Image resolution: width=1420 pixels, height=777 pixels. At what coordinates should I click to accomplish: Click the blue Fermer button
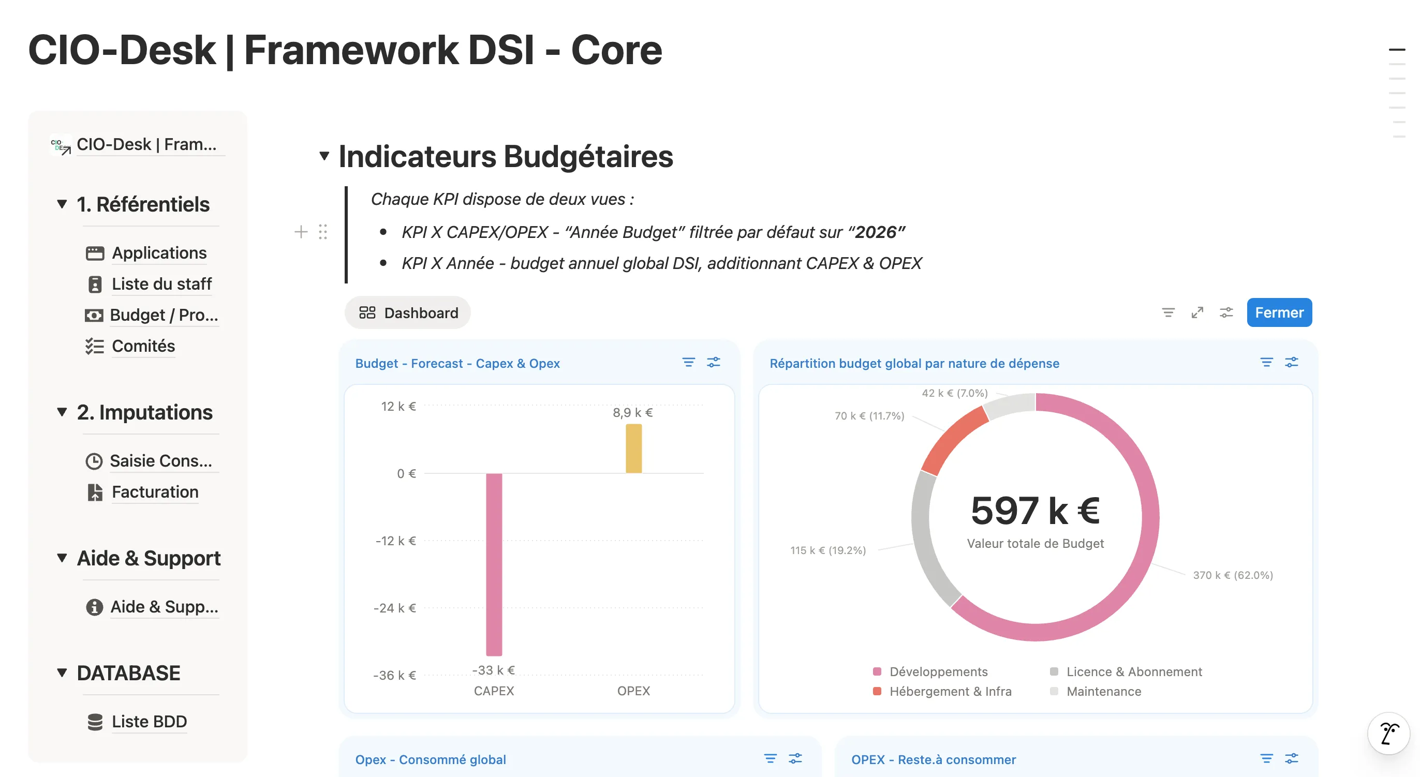point(1279,312)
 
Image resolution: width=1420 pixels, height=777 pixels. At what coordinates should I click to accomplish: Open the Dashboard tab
point(408,313)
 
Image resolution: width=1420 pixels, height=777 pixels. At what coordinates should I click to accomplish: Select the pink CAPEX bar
point(494,564)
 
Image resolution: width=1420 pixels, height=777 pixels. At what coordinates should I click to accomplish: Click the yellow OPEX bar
point(633,448)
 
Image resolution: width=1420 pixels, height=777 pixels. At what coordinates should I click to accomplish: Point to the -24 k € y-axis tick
point(395,608)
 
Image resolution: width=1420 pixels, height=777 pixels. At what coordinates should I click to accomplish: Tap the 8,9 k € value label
point(633,412)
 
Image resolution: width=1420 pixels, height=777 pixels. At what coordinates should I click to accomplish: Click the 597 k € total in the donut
point(1035,510)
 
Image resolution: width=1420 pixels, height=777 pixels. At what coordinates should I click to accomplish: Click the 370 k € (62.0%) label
point(1233,575)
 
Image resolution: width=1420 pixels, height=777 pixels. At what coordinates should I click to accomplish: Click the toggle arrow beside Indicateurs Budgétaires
point(324,157)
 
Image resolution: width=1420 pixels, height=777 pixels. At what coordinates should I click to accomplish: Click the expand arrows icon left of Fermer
point(1197,312)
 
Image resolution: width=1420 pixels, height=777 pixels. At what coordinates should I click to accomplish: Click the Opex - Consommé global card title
point(431,759)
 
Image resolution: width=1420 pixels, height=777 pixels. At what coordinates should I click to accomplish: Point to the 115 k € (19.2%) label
point(828,550)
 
